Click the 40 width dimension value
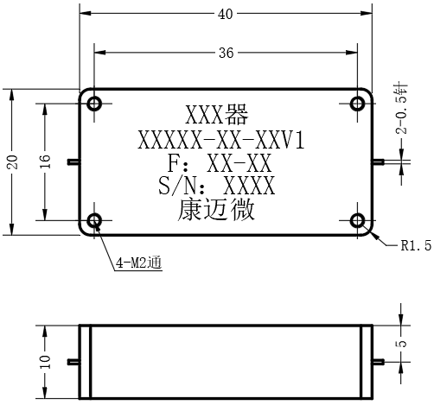pyautogui.click(x=225, y=14)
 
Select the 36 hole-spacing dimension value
pyautogui.click(x=226, y=53)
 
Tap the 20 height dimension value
pyautogui.click(x=13, y=161)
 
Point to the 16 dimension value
pyautogui.click(x=46, y=161)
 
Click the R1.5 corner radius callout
pyautogui.click(x=416, y=245)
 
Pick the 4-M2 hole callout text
pyautogui.click(x=138, y=263)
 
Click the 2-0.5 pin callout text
pyautogui.click(x=401, y=110)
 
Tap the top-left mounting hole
pyautogui.click(x=94, y=104)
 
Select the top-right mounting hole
pyautogui.click(x=357, y=104)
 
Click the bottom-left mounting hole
pyautogui.click(x=94, y=221)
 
